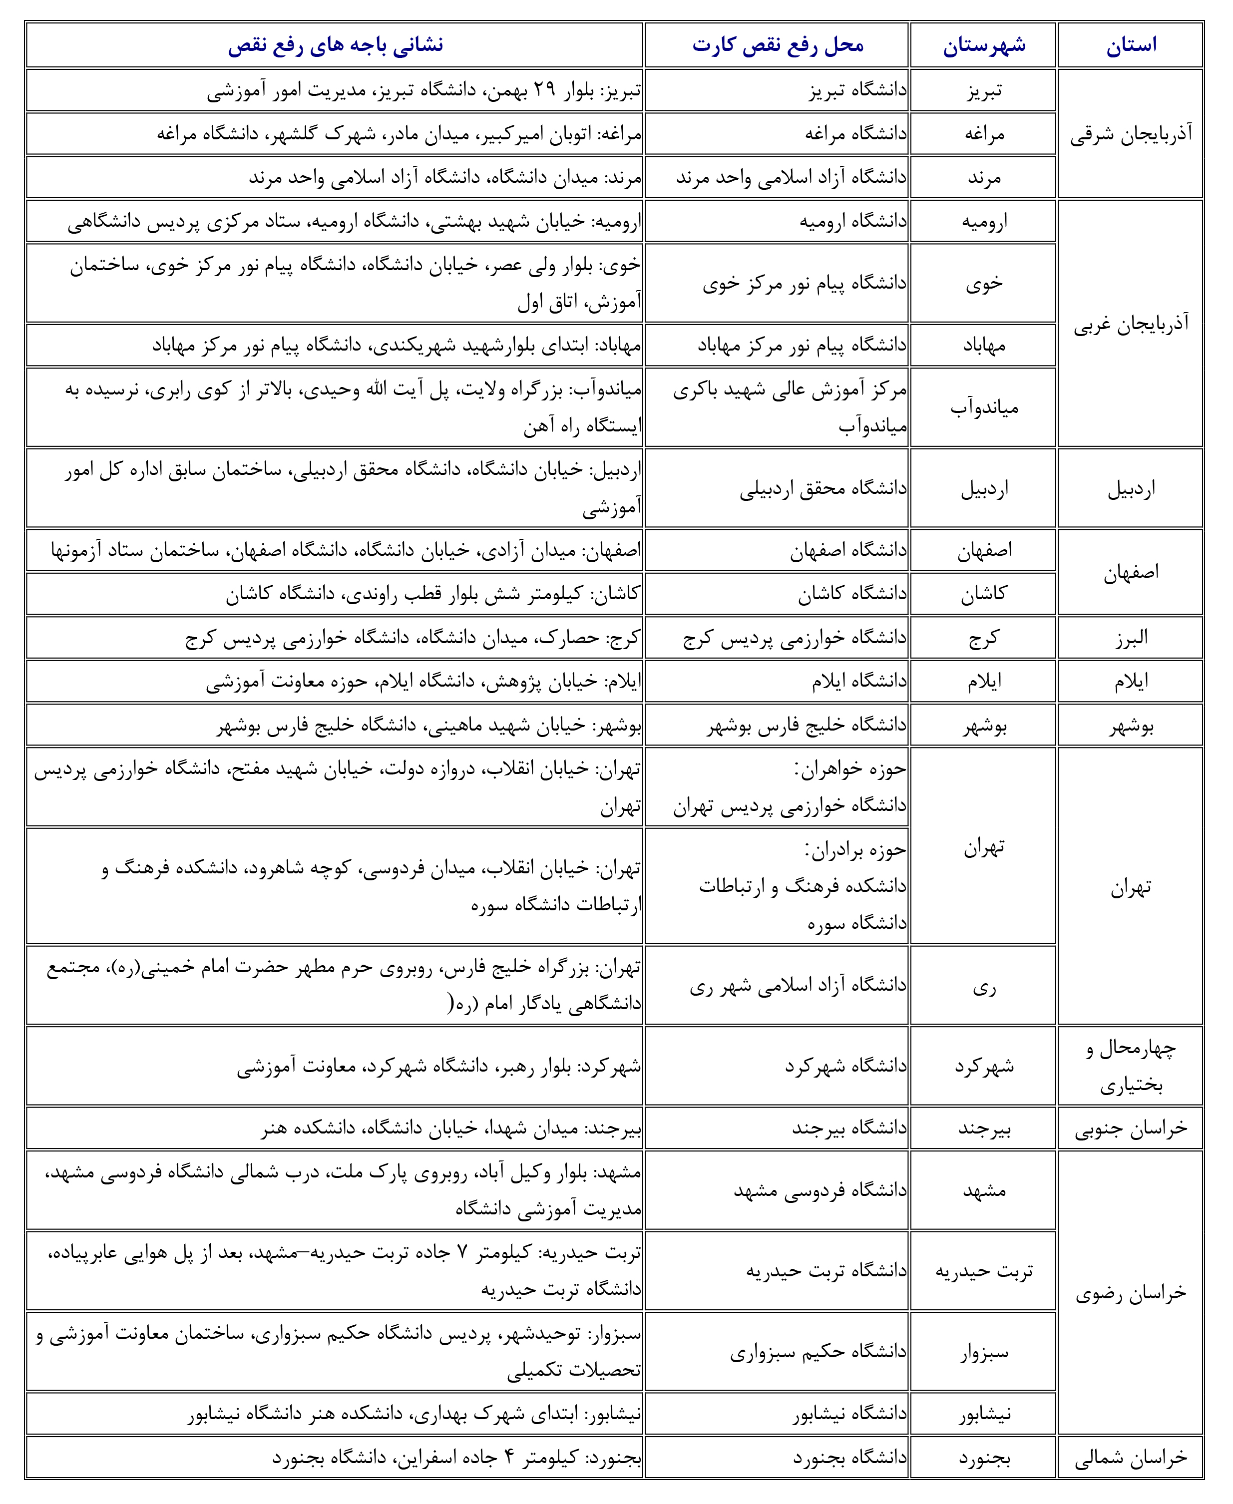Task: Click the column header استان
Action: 1131,45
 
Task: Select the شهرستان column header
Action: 984,45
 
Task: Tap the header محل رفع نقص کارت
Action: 778,45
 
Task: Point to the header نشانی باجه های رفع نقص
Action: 335,45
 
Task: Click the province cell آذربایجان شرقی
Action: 1131,133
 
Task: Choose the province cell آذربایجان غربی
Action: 1131,324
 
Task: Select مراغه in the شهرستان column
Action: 984,133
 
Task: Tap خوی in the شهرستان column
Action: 984,283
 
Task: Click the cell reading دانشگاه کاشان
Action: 852,594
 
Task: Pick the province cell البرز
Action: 1131,638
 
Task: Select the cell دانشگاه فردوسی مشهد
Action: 821,1189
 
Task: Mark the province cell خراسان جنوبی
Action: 1131,1128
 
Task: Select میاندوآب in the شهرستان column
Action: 984,407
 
